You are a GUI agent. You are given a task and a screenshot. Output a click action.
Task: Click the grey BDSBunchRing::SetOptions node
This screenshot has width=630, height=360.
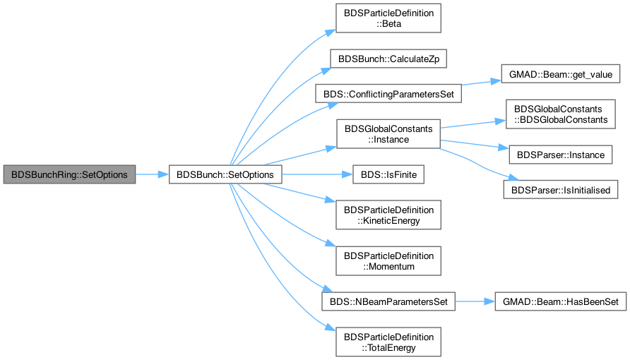pyautogui.click(x=69, y=174)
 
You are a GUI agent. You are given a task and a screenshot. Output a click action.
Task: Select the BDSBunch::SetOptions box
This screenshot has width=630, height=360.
pyautogui.click(x=225, y=174)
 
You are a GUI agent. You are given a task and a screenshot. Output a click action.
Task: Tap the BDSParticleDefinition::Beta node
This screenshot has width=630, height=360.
pyautogui.click(x=388, y=18)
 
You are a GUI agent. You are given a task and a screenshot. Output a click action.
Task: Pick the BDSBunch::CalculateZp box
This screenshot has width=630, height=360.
pyautogui.click(x=388, y=59)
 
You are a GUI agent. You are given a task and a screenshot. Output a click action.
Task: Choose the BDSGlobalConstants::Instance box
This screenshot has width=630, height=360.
pyautogui.click(x=388, y=134)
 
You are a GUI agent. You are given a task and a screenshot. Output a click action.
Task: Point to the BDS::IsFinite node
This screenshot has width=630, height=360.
pyautogui.click(x=388, y=174)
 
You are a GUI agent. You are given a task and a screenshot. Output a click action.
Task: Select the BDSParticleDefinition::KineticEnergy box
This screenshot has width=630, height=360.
pyautogui.click(x=388, y=215)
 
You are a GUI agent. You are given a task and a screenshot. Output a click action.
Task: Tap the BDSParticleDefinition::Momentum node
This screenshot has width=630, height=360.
pyautogui.click(x=388, y=261)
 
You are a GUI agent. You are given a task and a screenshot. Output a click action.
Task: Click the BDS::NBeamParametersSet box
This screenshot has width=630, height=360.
pyautogui.click(x=388, y=301)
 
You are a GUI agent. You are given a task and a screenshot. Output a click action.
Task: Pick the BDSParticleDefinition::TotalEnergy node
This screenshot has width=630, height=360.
pyautogui.click(x=388, y=342)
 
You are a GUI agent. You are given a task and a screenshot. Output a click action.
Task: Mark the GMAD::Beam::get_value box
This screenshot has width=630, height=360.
pyautogui.click(x=561, y=74)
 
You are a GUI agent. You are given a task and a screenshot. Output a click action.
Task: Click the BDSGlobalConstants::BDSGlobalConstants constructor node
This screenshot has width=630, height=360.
pyautogui.click(x=561, y=114)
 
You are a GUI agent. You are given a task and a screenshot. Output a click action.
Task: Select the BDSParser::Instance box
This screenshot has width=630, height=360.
pyautogui.click(x=561, y=155)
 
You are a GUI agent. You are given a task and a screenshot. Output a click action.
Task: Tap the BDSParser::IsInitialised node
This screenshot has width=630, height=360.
pyautogui.click(x=561, y=189)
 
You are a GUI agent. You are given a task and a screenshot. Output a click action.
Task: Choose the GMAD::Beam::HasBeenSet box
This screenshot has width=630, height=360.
pyautogui.click(x=561, y=301)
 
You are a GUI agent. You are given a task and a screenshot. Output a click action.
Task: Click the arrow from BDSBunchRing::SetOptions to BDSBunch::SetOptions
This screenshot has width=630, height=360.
pyautogui.click(x=152, y=174)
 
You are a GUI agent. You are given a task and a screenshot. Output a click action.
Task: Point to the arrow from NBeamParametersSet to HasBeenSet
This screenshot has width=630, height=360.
pyautogui.click(x=475, y=301)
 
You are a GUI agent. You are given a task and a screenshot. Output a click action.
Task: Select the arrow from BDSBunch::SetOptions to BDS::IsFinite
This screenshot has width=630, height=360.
pyautogui.click(x=317, y=174)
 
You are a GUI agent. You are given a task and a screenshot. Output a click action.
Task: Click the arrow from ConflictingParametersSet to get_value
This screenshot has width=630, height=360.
pyautogui.click(x=482, y=83)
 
